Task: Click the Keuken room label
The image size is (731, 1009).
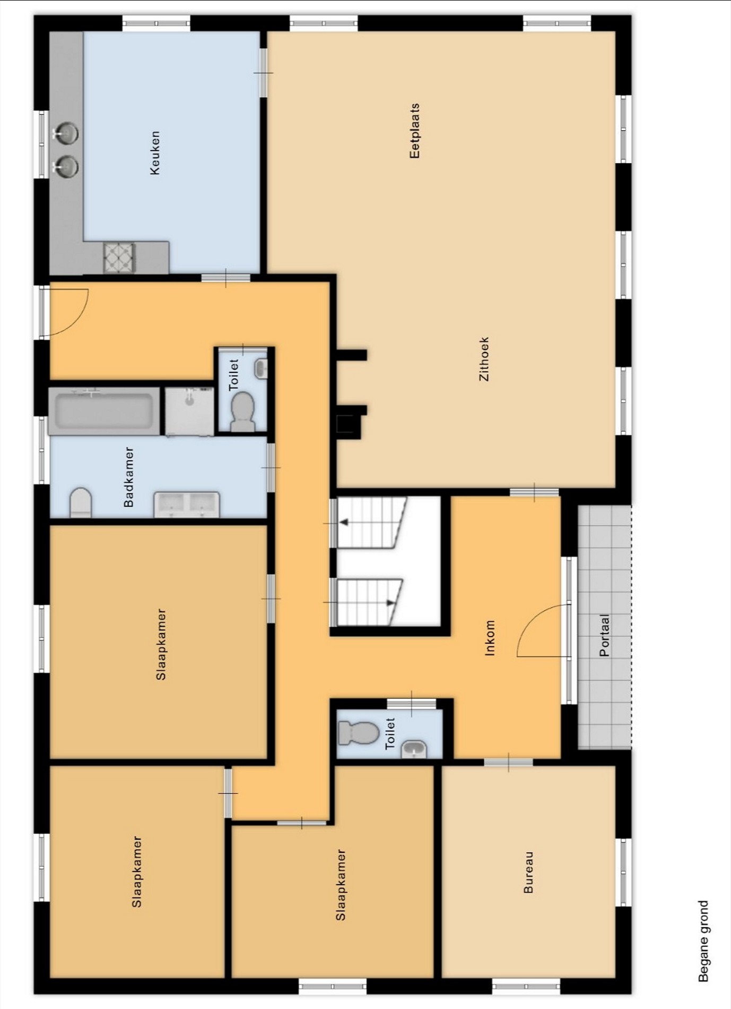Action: (154, 153)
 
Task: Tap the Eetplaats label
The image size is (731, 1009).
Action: (414, 131)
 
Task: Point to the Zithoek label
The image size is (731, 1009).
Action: (484, 359)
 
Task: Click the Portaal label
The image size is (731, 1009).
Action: (604, 635)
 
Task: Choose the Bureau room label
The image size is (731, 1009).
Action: (528, 873)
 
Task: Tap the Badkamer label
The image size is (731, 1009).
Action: (128, 477)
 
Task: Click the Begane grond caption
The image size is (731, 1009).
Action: (703, 941)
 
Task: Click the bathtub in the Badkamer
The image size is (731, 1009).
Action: (104, 411)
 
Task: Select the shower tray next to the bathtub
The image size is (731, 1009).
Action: (189, 412)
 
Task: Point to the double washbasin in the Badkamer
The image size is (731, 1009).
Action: (187, 504)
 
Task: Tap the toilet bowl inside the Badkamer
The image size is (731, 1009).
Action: (81, 502)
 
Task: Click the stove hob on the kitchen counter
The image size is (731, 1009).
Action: (119, 258)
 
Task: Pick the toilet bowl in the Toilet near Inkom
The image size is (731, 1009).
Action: (358, 733)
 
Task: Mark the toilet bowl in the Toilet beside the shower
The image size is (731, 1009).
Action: (243, 412)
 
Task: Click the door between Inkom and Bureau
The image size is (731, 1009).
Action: (508, 763)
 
